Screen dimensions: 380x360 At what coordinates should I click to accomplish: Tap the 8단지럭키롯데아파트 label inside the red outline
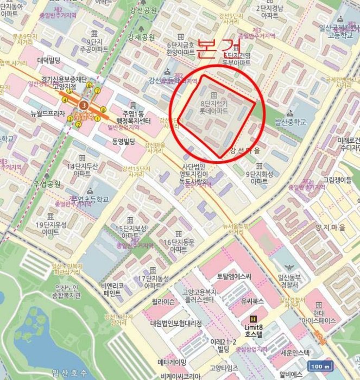click(214, 106)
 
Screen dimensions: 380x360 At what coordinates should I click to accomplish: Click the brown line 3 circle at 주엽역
click(83, 105)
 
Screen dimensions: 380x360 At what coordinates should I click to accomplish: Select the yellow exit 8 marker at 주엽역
click(103, 110)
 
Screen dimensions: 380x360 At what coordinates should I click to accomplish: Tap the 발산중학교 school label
click(290, 122)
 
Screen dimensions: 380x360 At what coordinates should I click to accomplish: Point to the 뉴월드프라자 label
click(48, 114)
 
